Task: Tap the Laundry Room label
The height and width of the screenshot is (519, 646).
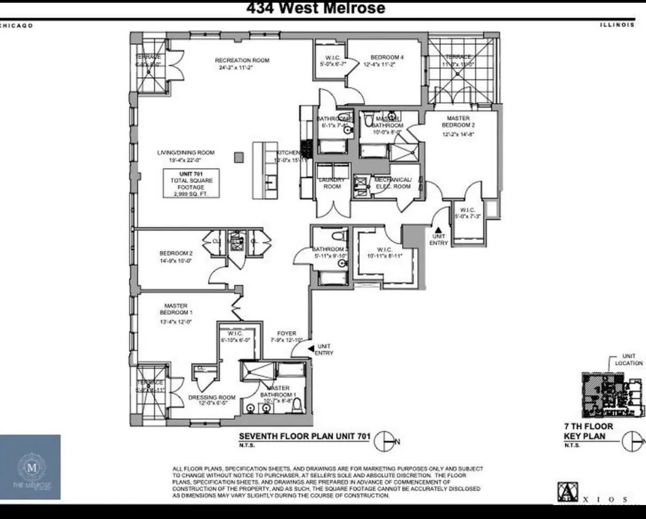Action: [x=332, y=183]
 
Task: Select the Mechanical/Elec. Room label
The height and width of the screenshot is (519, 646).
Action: [x=393, y=183]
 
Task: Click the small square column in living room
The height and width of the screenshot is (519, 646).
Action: [x=239, y=157]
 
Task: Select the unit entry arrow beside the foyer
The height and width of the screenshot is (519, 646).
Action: [x=311, y=349]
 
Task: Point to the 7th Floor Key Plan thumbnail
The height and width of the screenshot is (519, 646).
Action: [x=612, y=395]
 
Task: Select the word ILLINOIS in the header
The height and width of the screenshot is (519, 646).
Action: [x=617, y=25]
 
